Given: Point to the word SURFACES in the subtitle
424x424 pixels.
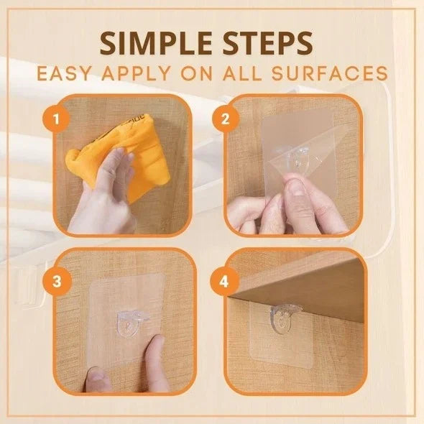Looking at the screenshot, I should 338,74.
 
